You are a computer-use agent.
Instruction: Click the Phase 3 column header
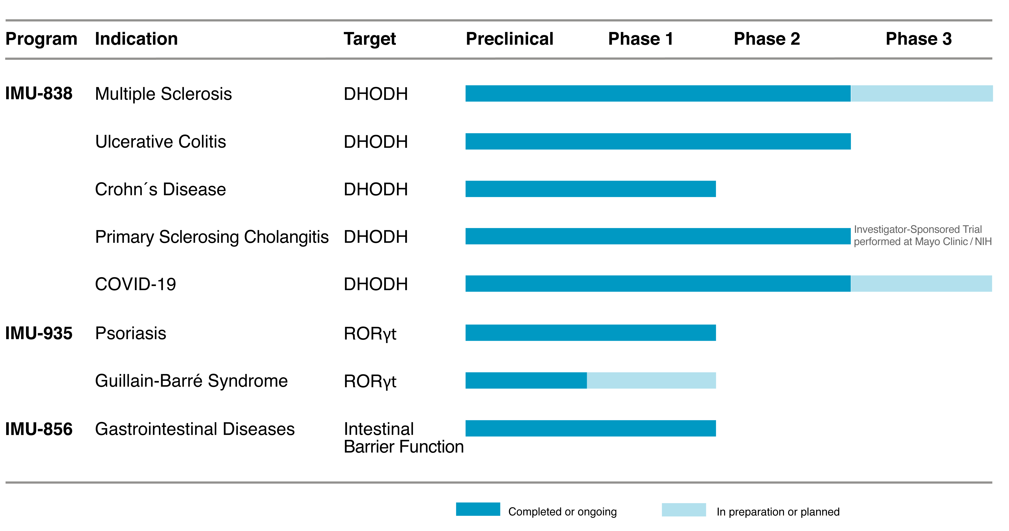click(x=919, y=39)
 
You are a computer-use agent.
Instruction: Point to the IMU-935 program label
click(x=39, y=333)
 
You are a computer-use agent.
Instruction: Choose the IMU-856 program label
click(x=39, y=429)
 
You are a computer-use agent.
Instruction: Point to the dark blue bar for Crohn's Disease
click(x=591, y=189)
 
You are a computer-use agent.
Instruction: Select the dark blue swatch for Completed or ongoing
click(x=478, y=509)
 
